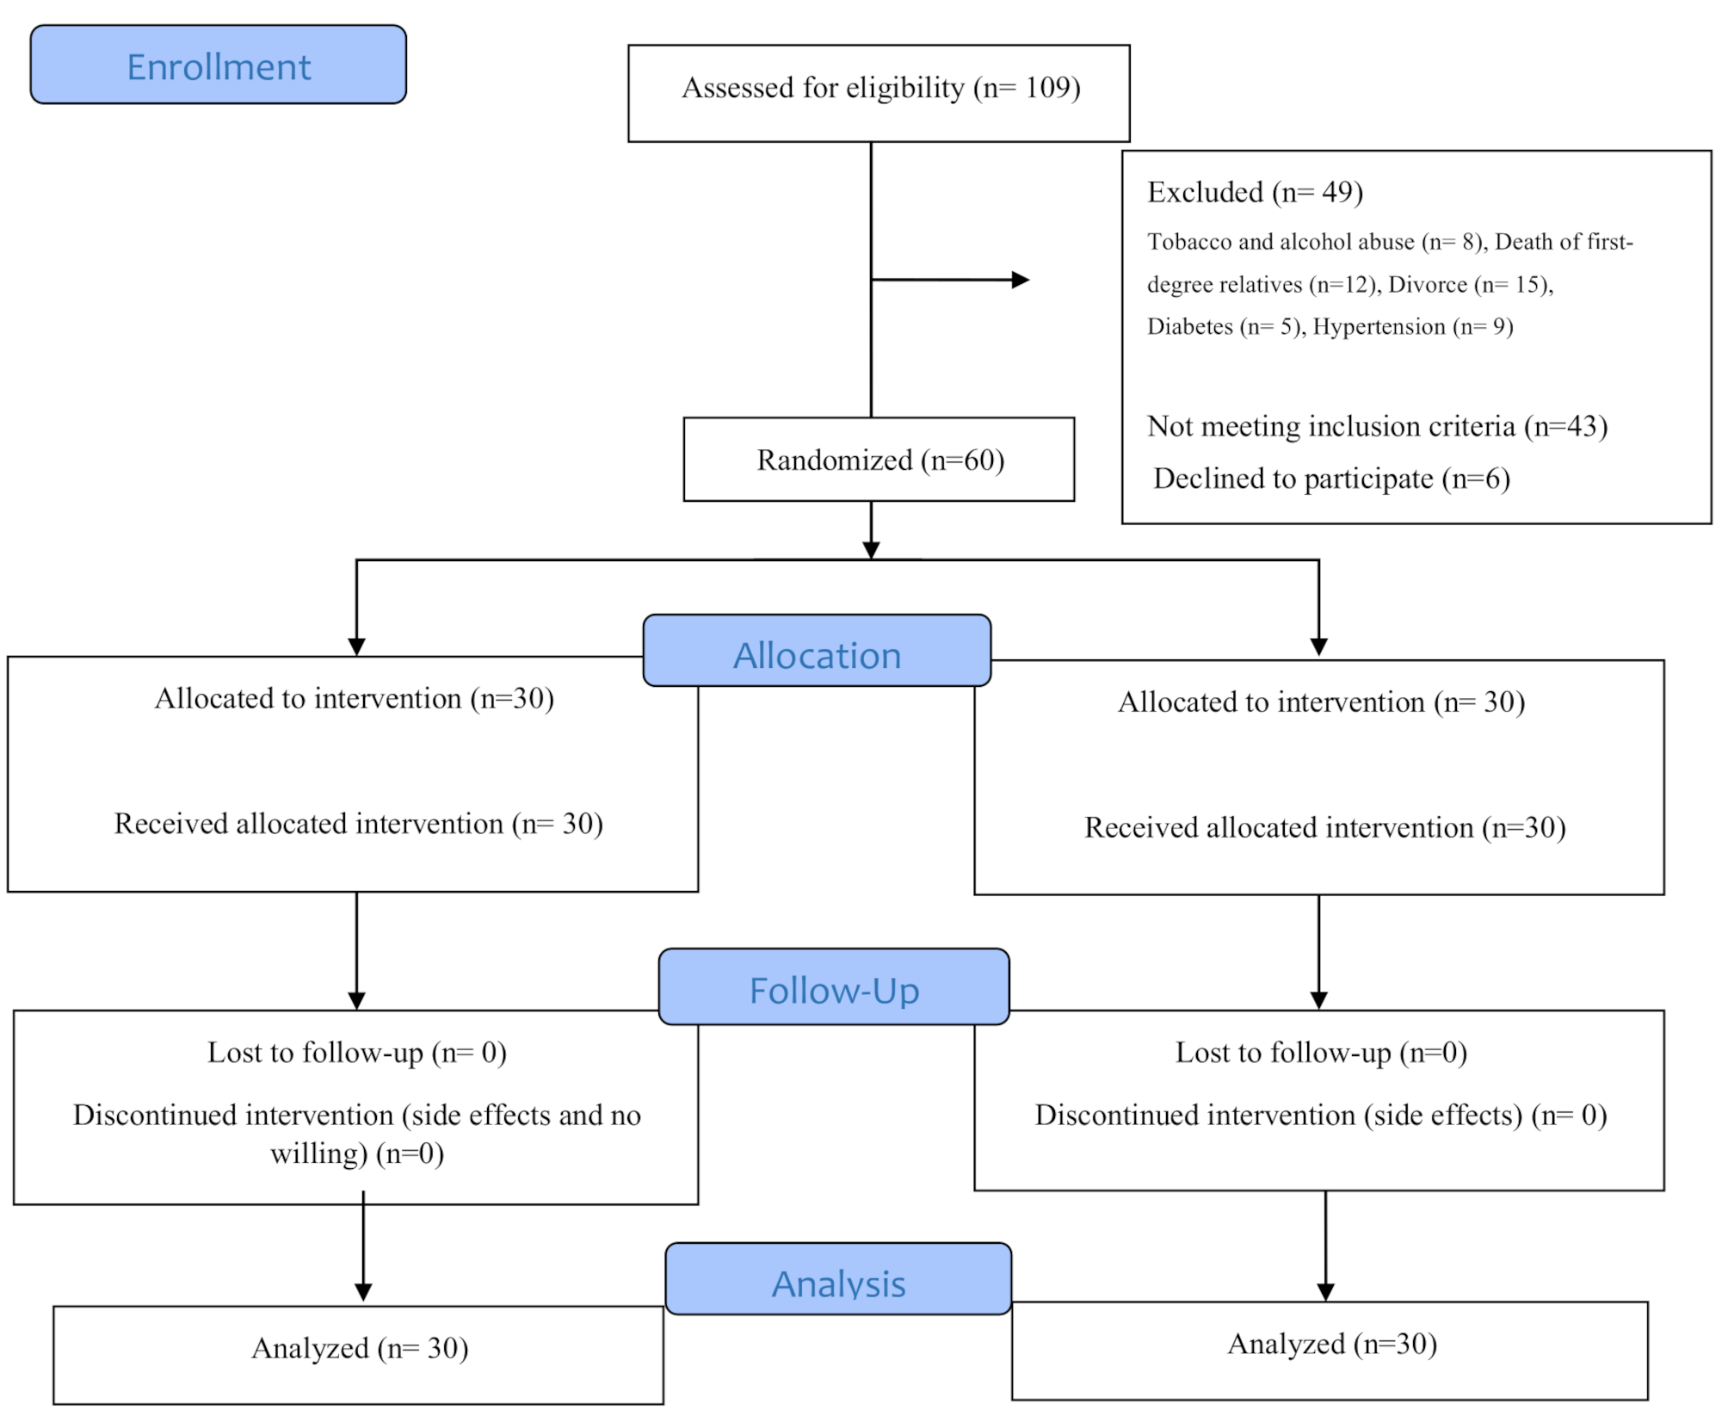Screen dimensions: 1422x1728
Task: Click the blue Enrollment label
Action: click(x=218, y=65)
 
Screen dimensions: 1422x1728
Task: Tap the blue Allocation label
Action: click(x=816, y=655)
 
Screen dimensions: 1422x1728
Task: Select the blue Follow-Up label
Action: click(x=833, y=990)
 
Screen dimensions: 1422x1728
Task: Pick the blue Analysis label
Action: click(x=837, y=1283)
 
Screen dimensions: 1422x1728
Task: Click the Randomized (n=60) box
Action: click(x=879, y=460)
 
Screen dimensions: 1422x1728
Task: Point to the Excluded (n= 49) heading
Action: click(x=1255, y=192)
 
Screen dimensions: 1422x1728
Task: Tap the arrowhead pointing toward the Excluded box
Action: click(x=1021, y=280)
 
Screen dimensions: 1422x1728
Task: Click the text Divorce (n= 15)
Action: click(x=1469, y=284)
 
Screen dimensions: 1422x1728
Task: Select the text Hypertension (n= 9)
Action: click(x=1412, y=326)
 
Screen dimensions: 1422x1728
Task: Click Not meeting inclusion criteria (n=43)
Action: click(x=1377, y=426)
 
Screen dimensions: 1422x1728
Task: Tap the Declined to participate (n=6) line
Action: click(x=1330, y=479)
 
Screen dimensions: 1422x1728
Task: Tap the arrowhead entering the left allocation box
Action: click(x=356, y=646)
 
